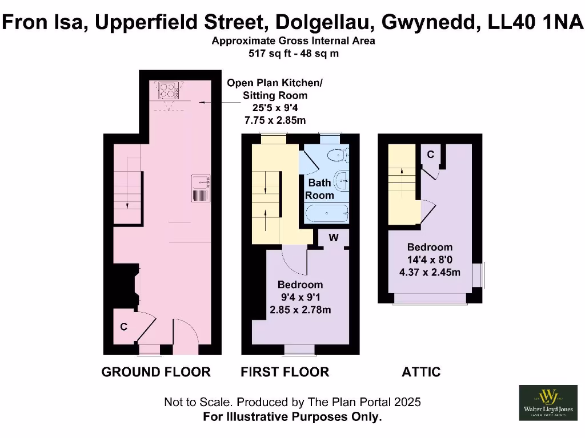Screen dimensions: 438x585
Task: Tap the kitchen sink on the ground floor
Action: [x=201, y=188]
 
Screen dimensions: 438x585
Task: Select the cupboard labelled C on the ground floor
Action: [x=123, y=327]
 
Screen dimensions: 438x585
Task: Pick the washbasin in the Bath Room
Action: [x=343, y=180]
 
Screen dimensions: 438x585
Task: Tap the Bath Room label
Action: [x=319, y=189]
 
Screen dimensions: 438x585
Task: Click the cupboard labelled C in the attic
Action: [x=430, y=155]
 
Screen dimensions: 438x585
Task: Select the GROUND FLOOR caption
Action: [x=156, y=372]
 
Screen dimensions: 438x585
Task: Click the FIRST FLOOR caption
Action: [x=285, y=372]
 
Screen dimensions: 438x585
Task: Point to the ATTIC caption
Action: [x=421, y=372]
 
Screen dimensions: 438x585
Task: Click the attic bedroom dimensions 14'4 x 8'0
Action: [x=430, y=260]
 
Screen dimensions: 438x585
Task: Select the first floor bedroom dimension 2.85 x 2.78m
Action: [x=300, y=310]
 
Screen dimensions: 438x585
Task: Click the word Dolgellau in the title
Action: [x=324, y=23]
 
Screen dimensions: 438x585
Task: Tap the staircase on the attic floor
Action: [x=402, y=171]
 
